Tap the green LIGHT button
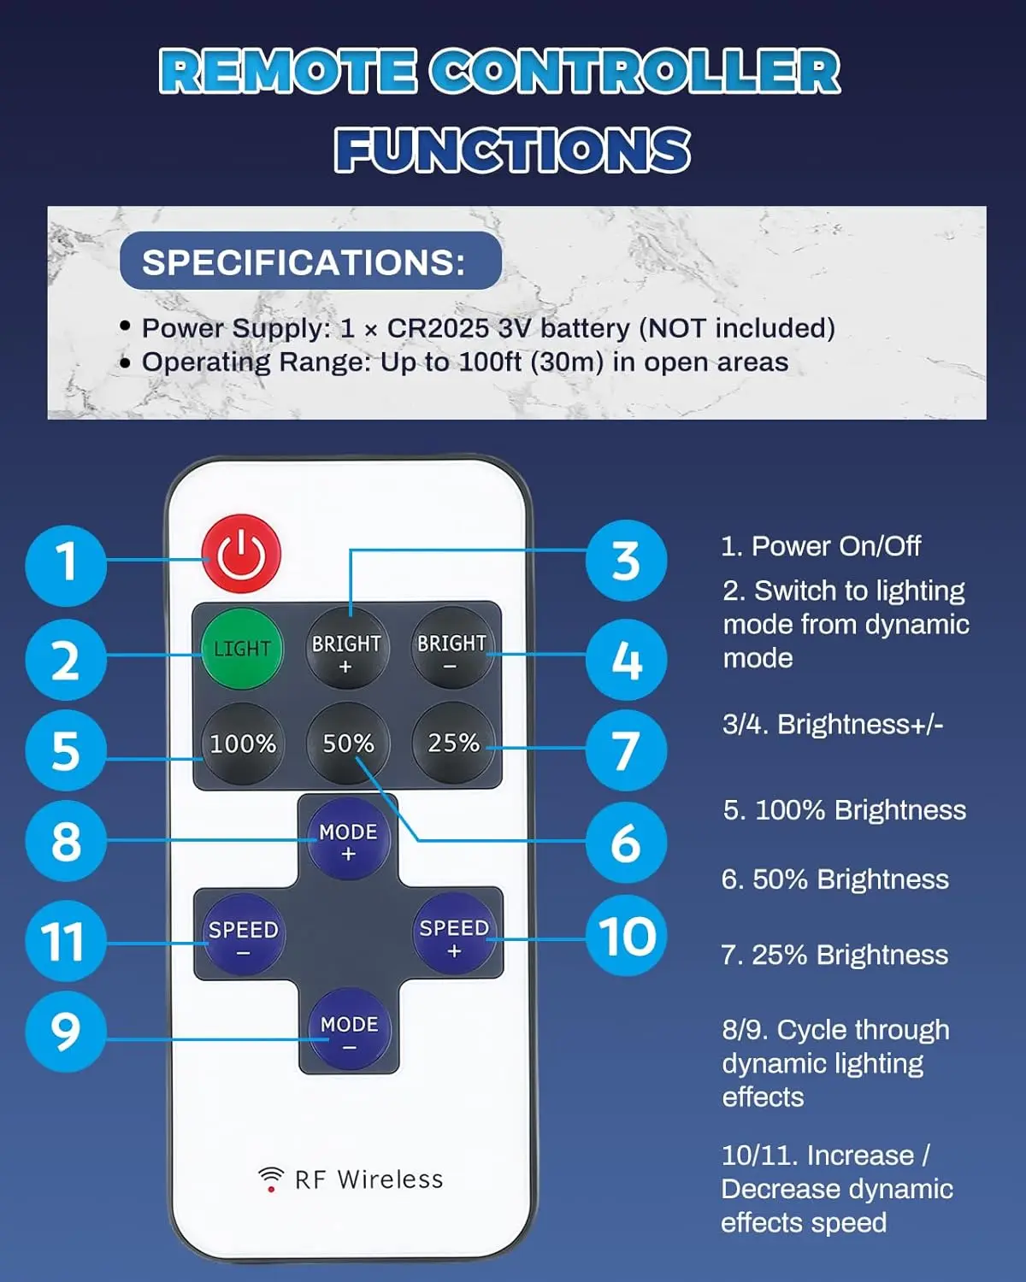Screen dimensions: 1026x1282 (241, 648)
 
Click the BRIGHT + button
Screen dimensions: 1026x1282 (347, 648)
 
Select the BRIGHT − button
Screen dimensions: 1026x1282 (452, 648)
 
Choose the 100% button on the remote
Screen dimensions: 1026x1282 (241, 744)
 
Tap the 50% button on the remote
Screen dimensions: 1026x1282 (347, 744)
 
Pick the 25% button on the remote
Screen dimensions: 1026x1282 (452, 744)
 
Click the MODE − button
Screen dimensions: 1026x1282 (349, 1029)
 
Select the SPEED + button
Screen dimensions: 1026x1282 (454, 933)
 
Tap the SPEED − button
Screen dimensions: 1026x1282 (243, 935)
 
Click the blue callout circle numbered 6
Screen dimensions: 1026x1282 (626, 843)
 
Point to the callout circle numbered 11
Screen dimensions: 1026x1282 (66, 941)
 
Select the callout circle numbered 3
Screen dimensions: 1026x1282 (626, 561)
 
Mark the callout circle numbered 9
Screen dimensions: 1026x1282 (66, 1032)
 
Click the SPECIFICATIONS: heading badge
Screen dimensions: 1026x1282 (310, 261)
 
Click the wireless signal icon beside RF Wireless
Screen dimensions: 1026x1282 (271, 1179)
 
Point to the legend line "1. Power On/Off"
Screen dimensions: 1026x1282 (821, 546)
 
